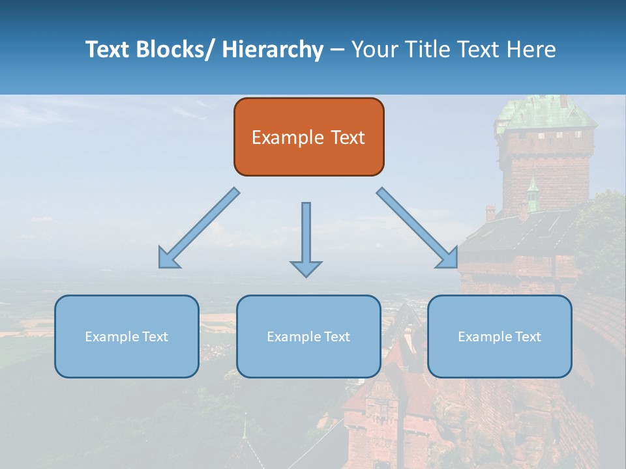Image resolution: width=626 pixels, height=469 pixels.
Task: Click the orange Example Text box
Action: point(308,137)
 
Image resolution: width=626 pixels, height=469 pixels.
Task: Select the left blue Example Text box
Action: point(127,336)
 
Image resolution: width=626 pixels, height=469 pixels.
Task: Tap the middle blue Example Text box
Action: point(308,336)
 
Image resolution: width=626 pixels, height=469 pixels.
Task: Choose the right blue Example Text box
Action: point(499,336)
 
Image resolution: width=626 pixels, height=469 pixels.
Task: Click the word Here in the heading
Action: point(531,50)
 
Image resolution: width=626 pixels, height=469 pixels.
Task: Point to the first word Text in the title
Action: point(108,50)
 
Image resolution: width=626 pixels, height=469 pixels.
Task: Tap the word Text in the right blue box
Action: point(527,336)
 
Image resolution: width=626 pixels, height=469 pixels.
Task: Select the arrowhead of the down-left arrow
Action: point(168,259)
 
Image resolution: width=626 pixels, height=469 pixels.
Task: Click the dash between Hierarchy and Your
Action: point(337,50)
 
